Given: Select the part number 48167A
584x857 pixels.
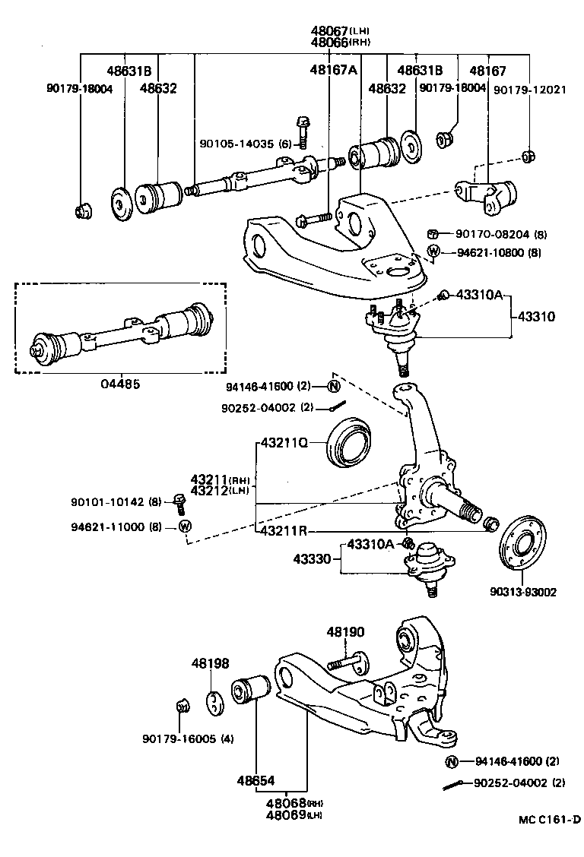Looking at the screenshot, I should (332, 70).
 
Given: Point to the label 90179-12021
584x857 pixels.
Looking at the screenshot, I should (529, 89).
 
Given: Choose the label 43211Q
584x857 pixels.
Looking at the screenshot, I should (284, 441).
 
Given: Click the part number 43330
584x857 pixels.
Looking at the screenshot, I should (312, 559).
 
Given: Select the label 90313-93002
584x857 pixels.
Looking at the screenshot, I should (524, 592).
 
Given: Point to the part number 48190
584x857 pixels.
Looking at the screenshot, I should (346, 631).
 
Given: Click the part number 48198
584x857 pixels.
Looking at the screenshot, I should (209, 663).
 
